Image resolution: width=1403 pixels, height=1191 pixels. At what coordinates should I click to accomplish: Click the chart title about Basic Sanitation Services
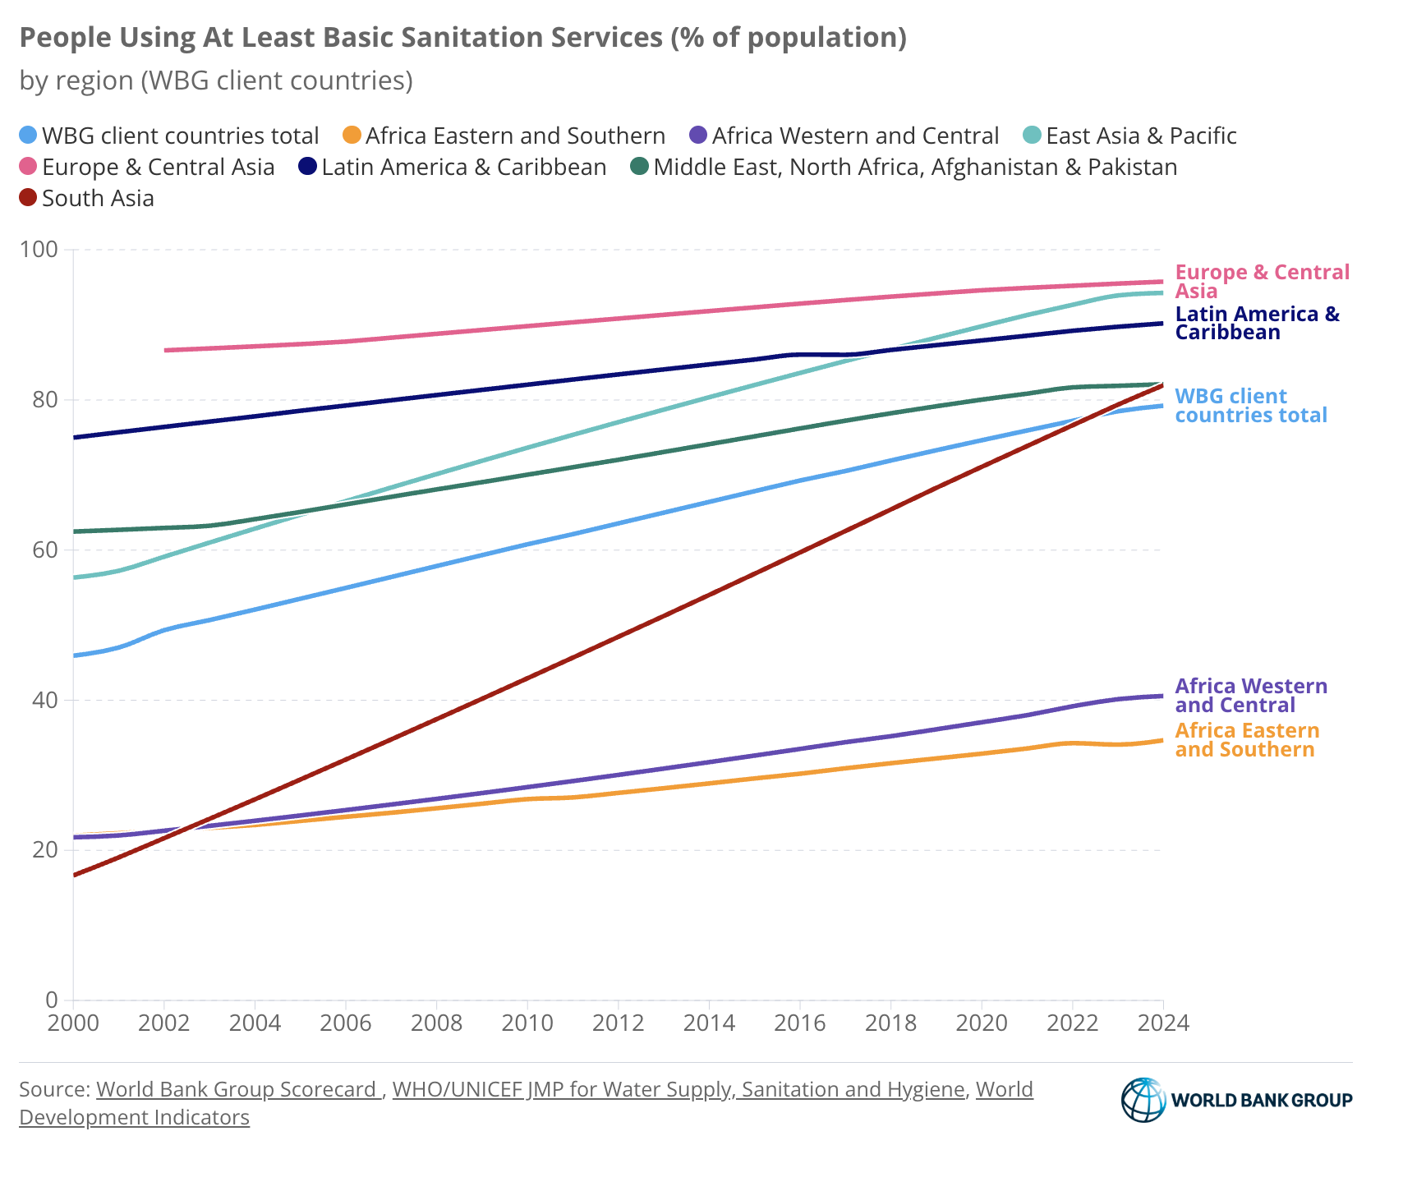[462, 38]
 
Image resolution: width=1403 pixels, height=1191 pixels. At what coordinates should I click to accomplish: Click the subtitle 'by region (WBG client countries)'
[216, 80]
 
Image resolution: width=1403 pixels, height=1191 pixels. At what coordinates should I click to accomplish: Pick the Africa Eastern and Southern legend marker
[352, 136]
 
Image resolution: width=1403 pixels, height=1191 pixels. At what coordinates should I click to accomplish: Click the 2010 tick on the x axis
[527, 1023]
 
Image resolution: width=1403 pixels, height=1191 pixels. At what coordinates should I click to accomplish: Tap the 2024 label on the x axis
[1162, 1023]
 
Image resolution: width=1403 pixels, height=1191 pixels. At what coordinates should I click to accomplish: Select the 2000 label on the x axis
[73, 1023]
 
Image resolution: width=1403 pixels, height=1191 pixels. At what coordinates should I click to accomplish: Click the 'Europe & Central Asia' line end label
[1262, 282]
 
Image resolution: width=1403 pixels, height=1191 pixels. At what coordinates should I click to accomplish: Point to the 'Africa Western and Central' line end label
[1251, 696]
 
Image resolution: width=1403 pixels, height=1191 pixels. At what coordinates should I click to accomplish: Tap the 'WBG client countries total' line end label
[1250, 406]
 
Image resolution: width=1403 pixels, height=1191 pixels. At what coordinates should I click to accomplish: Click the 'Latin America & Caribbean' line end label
[1257, 323]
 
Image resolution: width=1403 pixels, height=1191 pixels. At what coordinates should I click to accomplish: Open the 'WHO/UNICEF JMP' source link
[678, 1089]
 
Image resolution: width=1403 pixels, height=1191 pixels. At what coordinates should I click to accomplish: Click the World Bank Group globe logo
[1143, 1100]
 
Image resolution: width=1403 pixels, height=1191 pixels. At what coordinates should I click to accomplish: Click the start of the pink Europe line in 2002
[165, 350]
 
